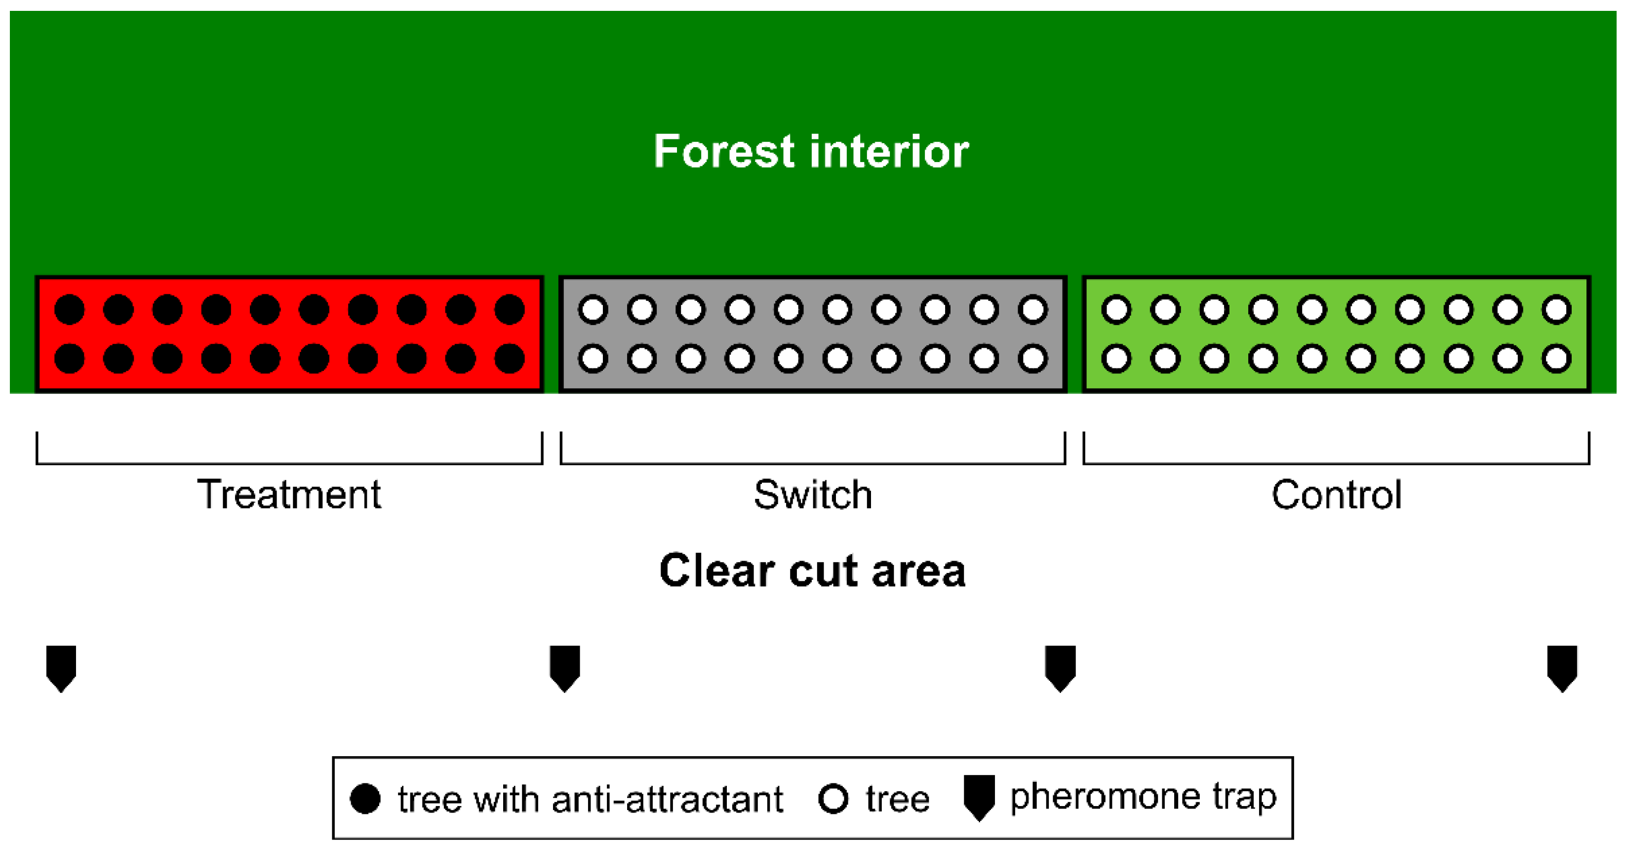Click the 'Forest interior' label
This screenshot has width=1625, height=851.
point(811,152)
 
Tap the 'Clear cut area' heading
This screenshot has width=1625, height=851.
point(813,570)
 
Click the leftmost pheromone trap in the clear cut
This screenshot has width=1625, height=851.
point(61,667)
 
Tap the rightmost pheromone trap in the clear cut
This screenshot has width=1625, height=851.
point(1563,667)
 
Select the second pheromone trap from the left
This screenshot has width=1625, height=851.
point(564,667)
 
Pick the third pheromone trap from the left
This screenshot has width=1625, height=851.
point(1061,667)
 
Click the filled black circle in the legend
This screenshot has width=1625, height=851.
point(365,799)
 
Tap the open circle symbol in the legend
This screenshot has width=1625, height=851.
point(833,799)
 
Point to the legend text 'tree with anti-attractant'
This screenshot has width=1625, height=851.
point(590,799)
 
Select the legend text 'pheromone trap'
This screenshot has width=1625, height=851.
point(1143,796)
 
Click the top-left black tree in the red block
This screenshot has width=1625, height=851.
point(70,310)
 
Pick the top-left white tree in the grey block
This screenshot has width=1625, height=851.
point(593,310)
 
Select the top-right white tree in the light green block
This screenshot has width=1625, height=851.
point(1557,310)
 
